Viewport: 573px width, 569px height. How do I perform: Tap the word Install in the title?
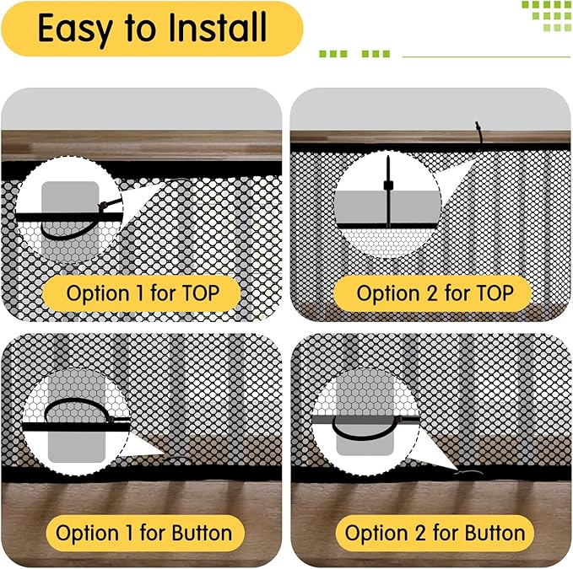coord(218,26)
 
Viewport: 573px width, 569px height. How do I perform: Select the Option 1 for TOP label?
coord(143,293)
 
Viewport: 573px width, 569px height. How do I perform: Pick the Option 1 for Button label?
coord(144,533)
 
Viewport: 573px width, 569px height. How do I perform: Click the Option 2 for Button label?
coord(435,533)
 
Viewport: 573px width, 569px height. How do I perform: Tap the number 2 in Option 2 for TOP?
coord(432,293)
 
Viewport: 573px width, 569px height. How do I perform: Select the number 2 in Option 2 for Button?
coord(420,534)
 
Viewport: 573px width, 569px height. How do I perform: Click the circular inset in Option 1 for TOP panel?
coord(69,210)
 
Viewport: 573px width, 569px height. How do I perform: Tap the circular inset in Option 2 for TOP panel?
coord(387,203)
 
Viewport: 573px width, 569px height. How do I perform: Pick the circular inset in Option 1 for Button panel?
coord(77,422)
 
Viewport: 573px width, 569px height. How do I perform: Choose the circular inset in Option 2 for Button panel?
coord(365,422)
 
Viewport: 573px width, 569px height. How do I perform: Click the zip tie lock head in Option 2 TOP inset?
coord(388,185)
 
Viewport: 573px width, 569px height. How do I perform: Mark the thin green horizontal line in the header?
coord(486,57)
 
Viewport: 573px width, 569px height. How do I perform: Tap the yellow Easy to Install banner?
coord(152,29)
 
